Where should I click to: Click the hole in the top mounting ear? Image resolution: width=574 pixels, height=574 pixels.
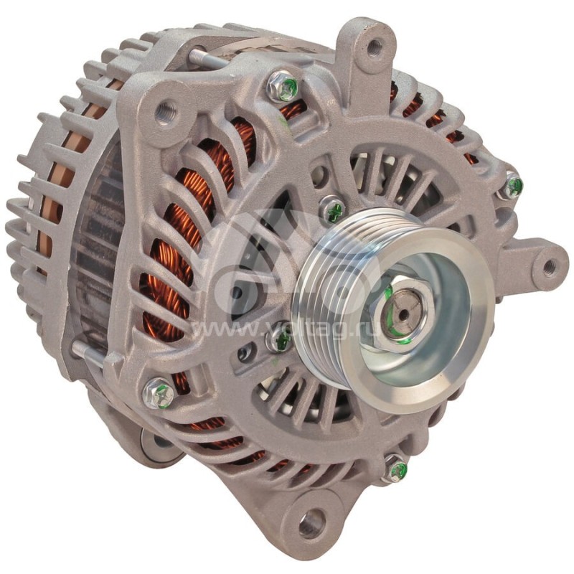click(375, 48)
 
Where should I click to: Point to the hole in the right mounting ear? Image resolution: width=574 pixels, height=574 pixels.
click(549, 268)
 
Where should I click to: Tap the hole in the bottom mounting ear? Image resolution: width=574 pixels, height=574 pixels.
click(311, 523)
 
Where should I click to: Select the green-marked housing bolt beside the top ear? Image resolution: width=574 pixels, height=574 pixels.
click(284, 88)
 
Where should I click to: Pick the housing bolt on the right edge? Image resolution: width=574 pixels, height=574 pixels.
click(511, 187)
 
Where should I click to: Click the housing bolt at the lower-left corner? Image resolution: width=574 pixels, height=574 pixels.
click(159, 393)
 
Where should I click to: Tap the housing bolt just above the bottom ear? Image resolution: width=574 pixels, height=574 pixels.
click(395, 470)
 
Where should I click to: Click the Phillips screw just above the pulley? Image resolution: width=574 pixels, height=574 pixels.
click(332, 210)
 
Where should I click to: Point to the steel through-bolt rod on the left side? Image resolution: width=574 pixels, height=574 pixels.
click(88, 352)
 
